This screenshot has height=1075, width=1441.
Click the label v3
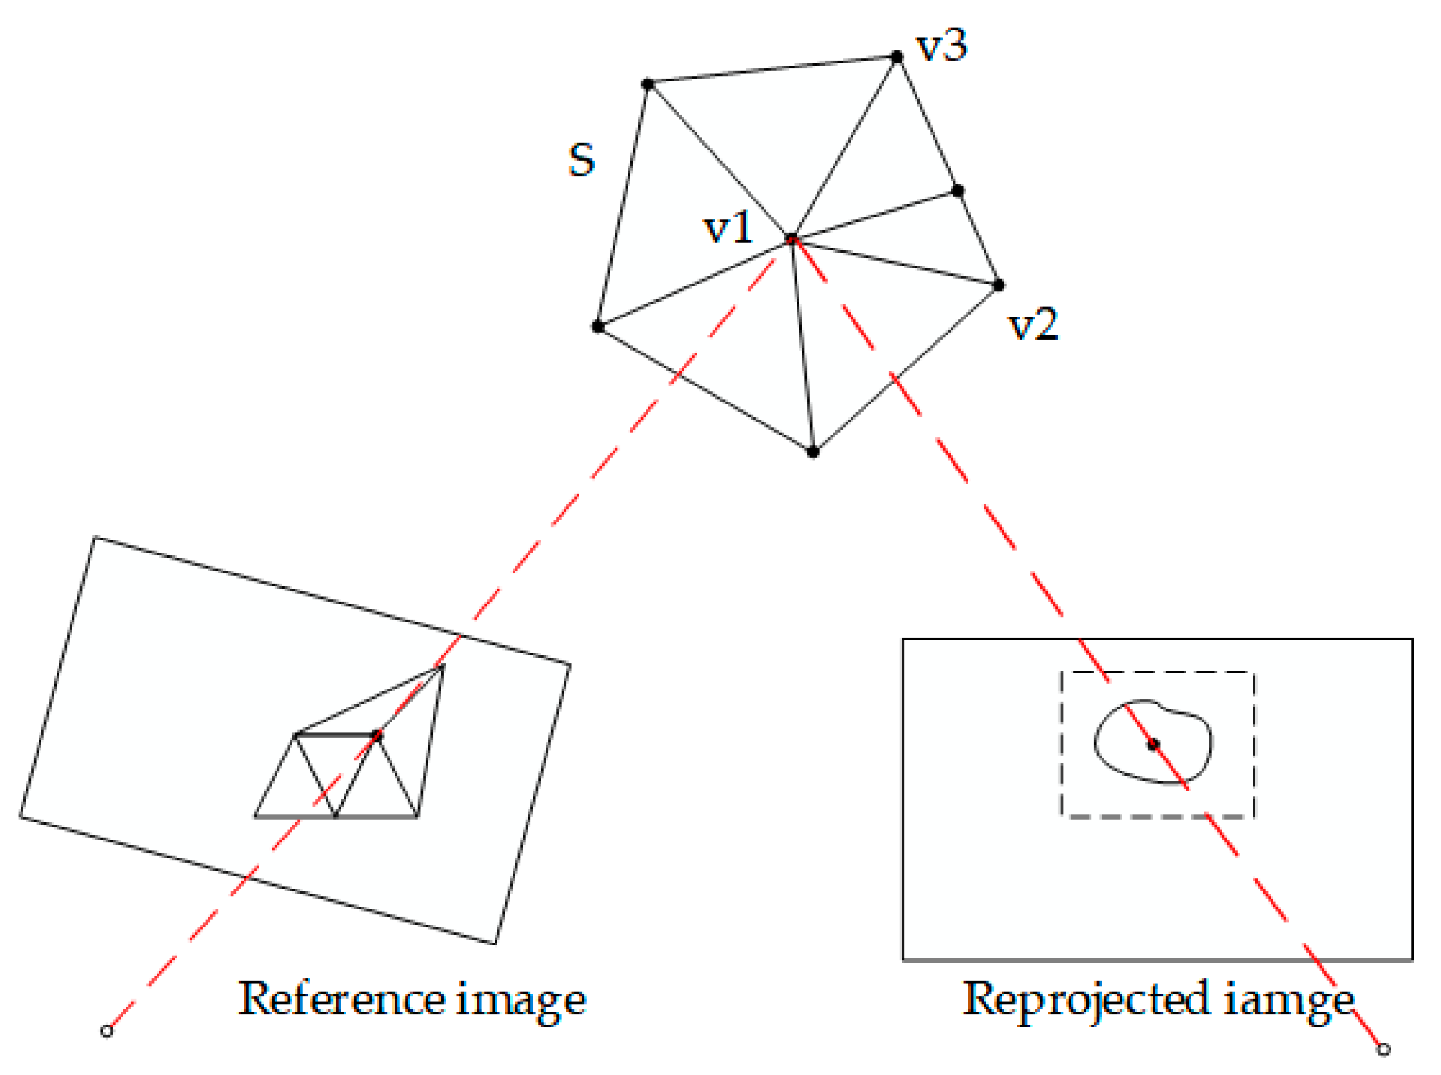[942, 46]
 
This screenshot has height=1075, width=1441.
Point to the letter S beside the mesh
[581, 160]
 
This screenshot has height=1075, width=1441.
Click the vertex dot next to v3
[897, 57]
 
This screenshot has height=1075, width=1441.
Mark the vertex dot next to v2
[998, 285]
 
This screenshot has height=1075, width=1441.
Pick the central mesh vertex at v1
[791, 239]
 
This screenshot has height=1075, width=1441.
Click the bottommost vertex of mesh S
[813, 452]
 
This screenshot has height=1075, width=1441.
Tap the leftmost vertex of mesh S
[597, 326]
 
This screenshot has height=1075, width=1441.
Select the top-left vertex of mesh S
[647, 84]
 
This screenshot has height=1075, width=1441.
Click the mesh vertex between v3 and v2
[957, 190]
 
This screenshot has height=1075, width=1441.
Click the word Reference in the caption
[341, 998]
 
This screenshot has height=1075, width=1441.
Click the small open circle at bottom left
[106, 1031]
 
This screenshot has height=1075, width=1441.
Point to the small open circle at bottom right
[1383, 1049]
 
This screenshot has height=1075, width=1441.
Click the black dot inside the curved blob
[1153, 744]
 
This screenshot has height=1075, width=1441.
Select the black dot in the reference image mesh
[377, 735]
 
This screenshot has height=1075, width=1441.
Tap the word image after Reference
[521, 999]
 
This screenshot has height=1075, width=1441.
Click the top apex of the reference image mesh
[441, 665]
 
